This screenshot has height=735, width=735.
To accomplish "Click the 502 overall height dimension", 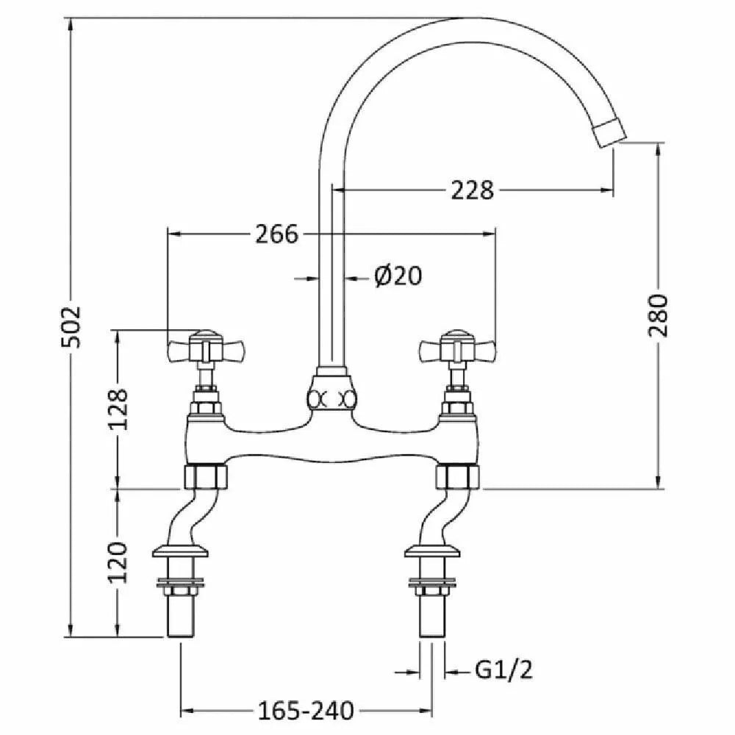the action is pos(72,327).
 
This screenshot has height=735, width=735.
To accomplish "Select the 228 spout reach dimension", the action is pos(472,190).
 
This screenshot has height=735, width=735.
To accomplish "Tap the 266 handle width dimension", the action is pos(276,234).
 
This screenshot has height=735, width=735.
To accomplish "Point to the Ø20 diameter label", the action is pos(398,276).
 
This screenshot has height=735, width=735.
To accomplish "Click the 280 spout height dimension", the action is pos(658,315).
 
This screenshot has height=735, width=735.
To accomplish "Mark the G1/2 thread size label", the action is pos(504,670).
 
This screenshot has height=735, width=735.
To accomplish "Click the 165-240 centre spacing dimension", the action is pos(306,711).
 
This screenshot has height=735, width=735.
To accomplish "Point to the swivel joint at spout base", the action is pos(331,392).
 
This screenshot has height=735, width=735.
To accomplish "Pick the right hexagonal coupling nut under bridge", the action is pos(457,477).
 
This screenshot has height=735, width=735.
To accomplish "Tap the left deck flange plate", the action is pos(180,551).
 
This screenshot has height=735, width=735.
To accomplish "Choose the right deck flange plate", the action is pos(432,551).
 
